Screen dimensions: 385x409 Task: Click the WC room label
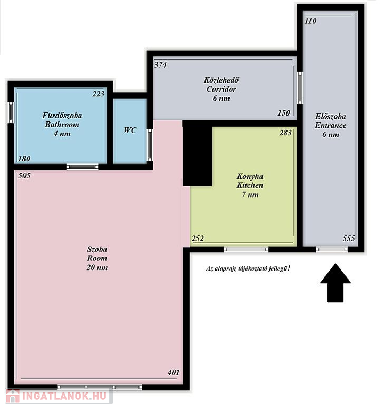(130, 130)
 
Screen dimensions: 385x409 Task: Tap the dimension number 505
(24, 176)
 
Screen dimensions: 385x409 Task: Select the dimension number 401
(174, 372)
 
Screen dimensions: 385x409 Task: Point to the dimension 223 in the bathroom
(99, 94)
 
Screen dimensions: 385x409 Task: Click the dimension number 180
(24, 159)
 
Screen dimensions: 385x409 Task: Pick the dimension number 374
(160, 64)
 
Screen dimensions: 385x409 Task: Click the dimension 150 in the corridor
(284, 113)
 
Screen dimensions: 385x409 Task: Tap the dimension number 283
(285, 133)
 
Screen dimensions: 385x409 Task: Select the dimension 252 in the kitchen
(198, 239)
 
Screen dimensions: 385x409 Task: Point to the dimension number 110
(310, 21)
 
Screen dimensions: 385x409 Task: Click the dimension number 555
(349, 238)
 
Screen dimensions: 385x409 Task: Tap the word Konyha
(250, 176)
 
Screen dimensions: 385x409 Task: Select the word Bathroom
(62, 125)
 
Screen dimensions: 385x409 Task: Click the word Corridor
(221, 89)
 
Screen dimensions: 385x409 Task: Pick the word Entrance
(331, 125)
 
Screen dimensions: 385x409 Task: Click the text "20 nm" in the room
(97, 267)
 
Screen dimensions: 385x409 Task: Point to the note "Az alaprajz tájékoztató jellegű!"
(248, 268)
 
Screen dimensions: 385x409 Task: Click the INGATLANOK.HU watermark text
(64, 396)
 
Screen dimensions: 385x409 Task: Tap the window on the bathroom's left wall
(11, 112)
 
